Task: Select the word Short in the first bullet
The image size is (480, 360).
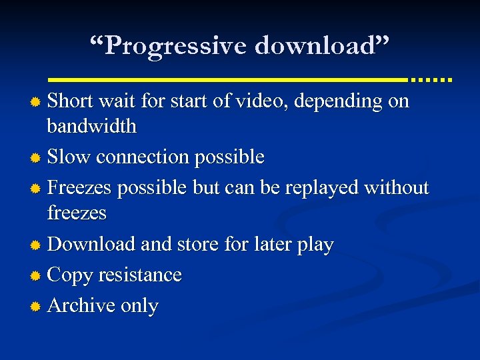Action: [71, 101]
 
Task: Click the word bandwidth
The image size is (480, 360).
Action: [91, 125]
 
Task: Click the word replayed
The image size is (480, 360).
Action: [321, 188]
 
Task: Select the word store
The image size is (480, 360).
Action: [199, 244]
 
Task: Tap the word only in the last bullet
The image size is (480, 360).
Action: [139, 306]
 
